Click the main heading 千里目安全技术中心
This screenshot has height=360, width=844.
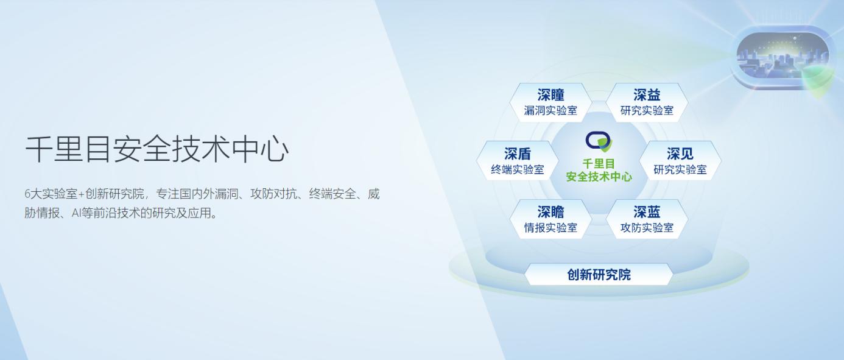click(x=156, y=149)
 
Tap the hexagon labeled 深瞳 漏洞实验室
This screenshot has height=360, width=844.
click(x=550, y=102)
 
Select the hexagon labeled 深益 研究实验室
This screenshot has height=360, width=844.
click(x=647, y=102)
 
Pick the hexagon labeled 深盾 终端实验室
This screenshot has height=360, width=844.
click(x=518, y=161)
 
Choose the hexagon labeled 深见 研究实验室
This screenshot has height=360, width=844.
click(x=680, y=161)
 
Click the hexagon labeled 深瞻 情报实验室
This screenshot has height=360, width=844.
click(x=550, y=219)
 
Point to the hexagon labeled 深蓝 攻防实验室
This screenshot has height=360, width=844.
click(x=647, y=219)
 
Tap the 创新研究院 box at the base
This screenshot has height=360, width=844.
click(x=599, y=275)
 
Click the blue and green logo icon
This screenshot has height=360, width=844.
click(x=599, y=141)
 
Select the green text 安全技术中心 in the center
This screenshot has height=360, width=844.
click(x=599, y=177)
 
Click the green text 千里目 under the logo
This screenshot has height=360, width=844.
click(x=599, y=164)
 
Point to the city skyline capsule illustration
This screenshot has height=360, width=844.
click(x=782, y=57)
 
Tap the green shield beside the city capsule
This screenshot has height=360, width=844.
click(x=817, y=81)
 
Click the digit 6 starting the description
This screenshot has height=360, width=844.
click(x=27, y=194)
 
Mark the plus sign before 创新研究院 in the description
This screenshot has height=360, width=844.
click(x=82, y=194)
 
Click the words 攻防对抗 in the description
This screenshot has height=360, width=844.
click(x=273, y=194)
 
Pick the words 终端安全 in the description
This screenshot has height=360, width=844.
click(x=332, y=194)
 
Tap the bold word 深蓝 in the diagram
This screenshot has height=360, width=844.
click(x=647, y=212)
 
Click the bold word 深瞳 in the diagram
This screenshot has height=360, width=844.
click(x=550, y=95)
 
